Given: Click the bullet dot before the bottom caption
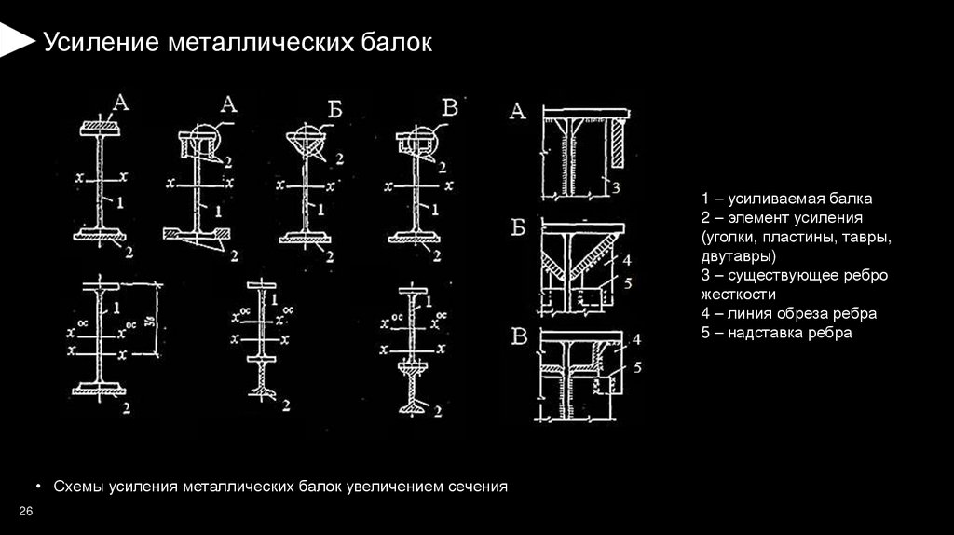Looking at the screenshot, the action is (x=38, y=487).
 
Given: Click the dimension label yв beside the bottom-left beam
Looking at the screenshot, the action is (x=151, y=322).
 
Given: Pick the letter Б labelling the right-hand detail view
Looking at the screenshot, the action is (x=519, y=228).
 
